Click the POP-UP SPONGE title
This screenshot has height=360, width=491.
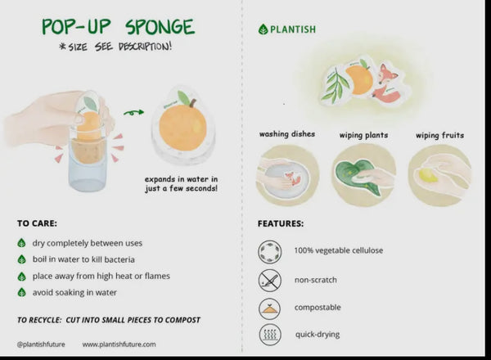(x=119, y=26)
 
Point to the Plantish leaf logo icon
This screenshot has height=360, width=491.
(x=264, y=29)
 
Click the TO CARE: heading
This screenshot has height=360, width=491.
(x=38, y=223)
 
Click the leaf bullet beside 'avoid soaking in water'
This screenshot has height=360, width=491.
(x=21, y=292)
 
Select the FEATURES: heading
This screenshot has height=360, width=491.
(x=281, y=223)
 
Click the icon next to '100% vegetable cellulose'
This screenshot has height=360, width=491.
(x=269, y=250)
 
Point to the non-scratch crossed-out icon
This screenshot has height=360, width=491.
(x=269, y=280)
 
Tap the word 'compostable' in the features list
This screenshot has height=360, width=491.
(x=318, y=308)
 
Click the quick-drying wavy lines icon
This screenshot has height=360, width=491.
(x=269, y=335)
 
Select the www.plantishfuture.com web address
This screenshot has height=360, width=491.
(x=119, y=344)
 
